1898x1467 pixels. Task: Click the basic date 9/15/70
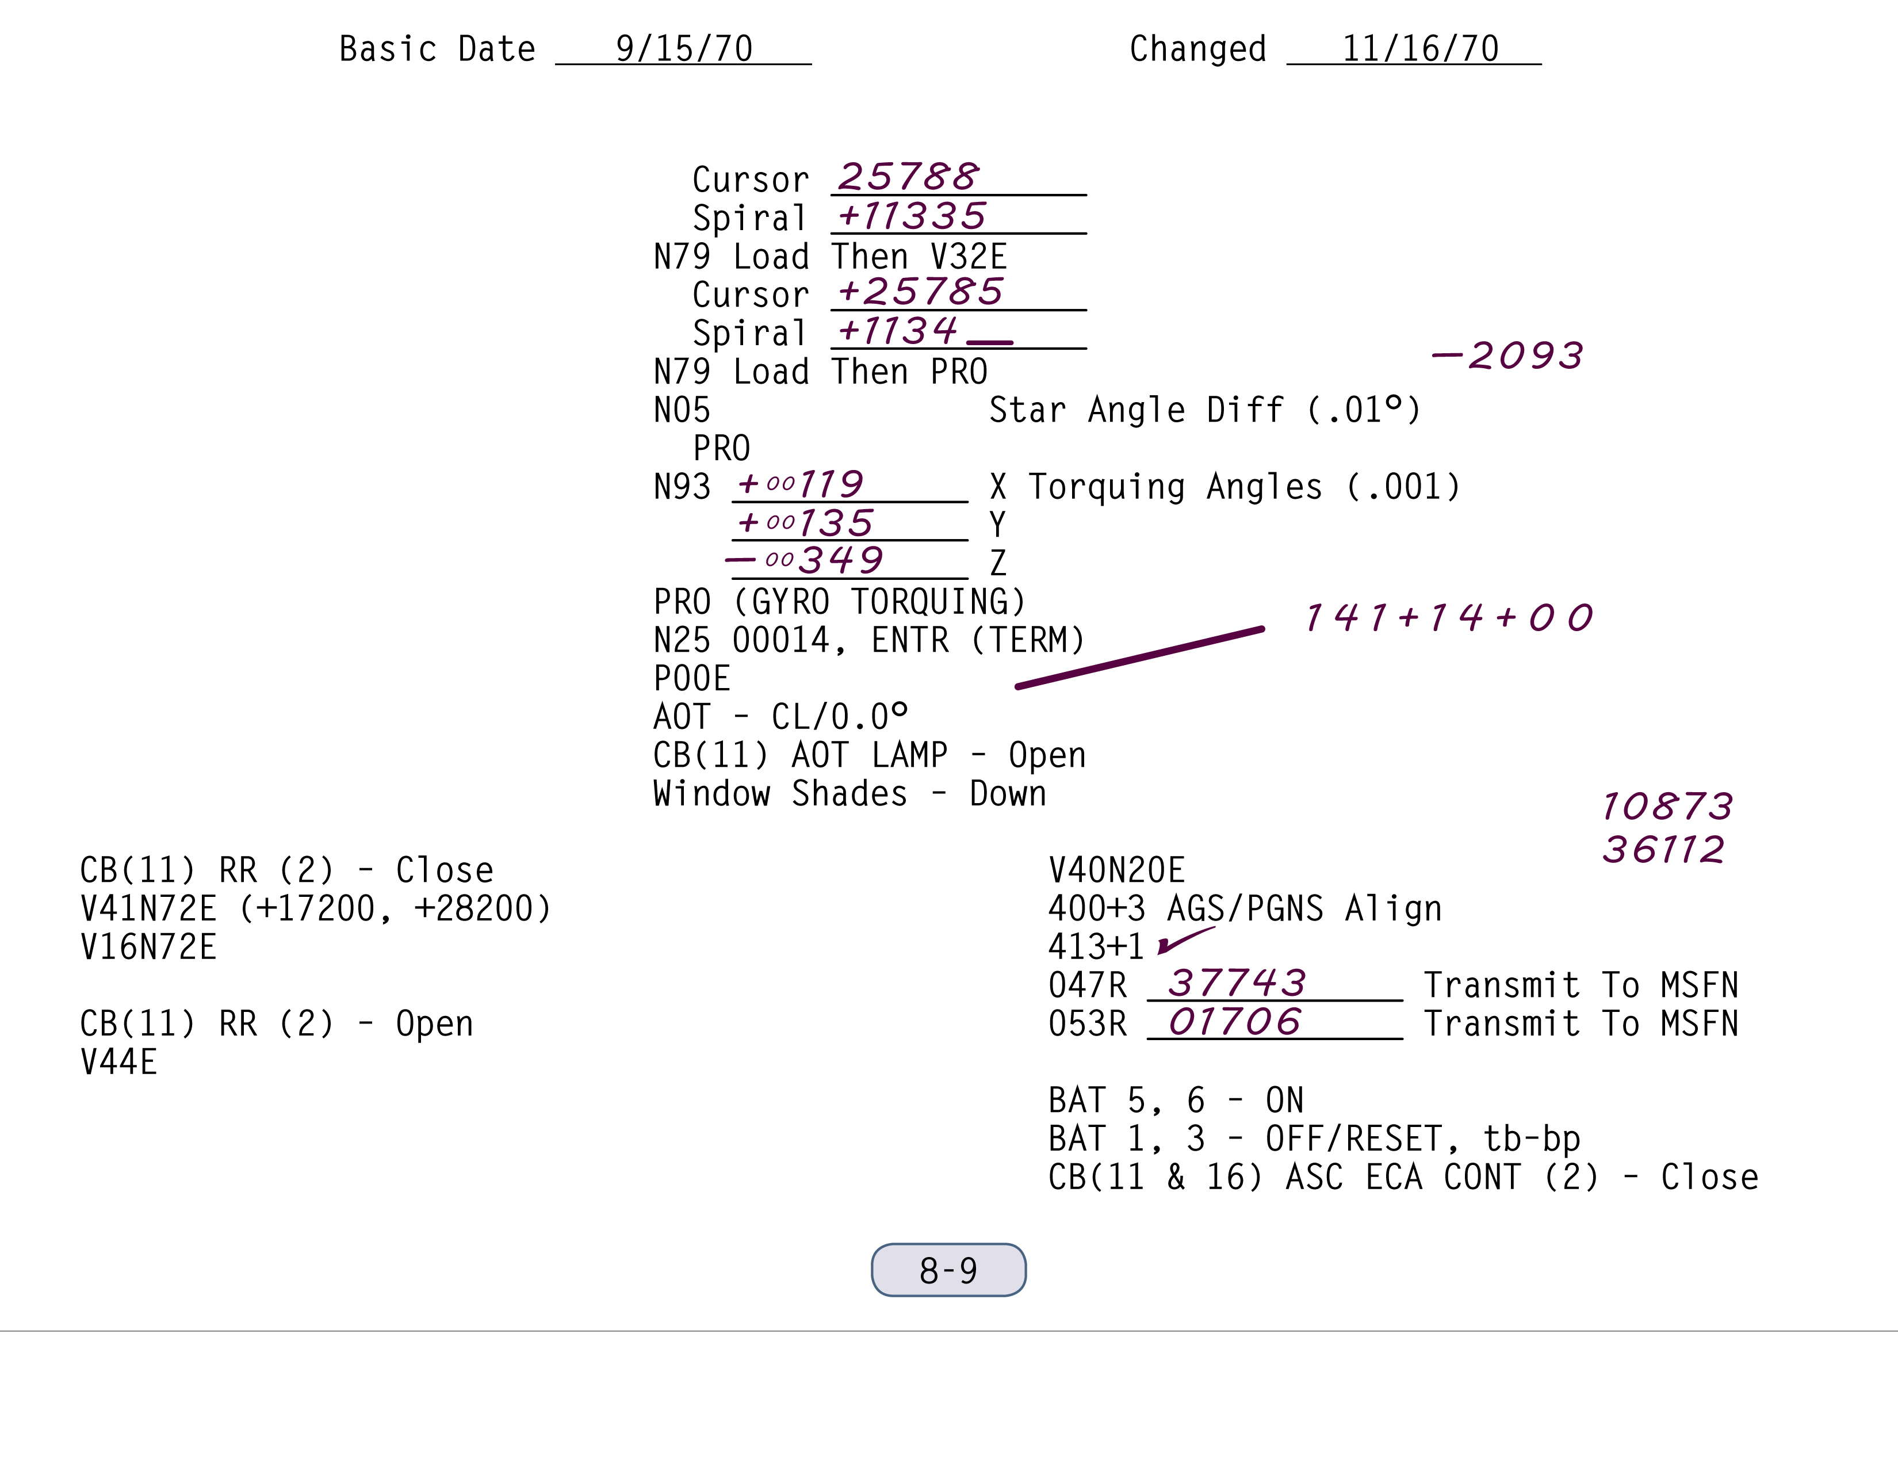click(684, 49)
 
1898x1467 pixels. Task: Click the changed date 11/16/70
click(1420, 49)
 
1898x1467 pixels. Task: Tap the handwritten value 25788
click(908, 177)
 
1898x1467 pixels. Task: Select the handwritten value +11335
click(912, 216)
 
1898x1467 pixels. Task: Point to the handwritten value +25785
click(920, 292)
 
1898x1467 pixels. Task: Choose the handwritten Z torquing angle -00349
click(805, 560)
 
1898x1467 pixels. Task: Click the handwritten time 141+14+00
click(1449, 618)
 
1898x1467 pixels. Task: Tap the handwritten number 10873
click(1667, 807)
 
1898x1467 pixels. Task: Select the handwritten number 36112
click(1663, 850)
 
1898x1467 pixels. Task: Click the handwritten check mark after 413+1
click(1184, 941)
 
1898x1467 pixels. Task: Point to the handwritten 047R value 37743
click(1237, 984)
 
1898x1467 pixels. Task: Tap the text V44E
click(119, 1062)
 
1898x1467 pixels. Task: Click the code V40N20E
click(1117, 870)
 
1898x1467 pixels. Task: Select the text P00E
click(692, 679)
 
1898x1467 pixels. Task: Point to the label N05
click(682, 410)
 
